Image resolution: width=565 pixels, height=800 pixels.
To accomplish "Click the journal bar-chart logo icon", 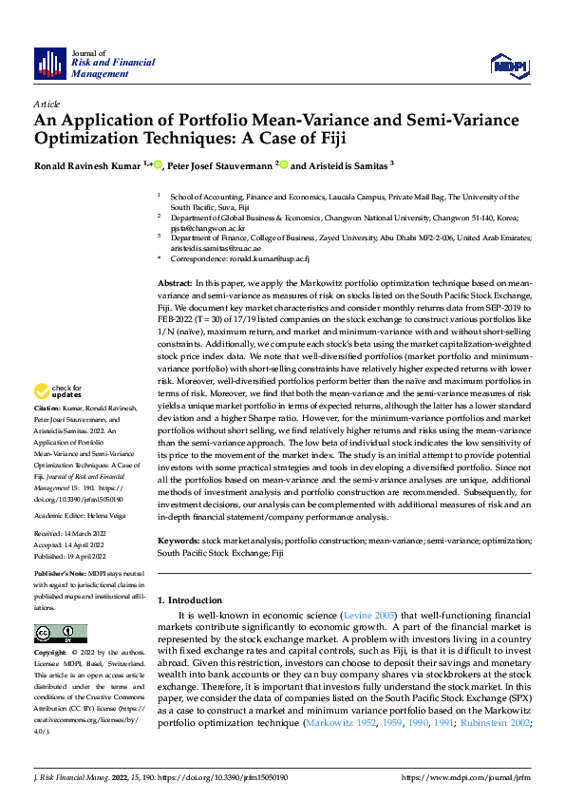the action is coord(49,63).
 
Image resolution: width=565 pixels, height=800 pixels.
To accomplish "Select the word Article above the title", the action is coord(47,104).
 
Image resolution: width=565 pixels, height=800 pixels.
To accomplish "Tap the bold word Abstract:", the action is coord(175,284).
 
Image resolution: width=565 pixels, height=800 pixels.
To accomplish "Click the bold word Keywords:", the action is coord(179,541).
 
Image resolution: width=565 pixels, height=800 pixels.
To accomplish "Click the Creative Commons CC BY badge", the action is coord(60,633).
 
